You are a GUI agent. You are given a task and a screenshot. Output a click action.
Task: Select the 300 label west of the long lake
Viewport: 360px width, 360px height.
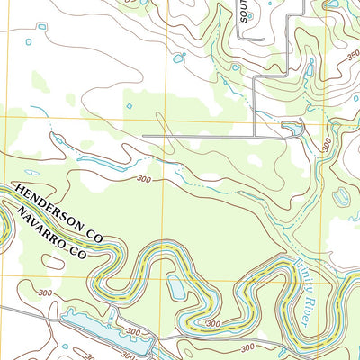pos(44,293)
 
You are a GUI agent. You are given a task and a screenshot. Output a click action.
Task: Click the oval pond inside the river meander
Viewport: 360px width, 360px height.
pos(176,288)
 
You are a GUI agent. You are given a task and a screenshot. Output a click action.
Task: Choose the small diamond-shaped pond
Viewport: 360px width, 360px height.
pos(129,106)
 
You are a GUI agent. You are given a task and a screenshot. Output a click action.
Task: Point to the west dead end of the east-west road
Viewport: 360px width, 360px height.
pos(144,136)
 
